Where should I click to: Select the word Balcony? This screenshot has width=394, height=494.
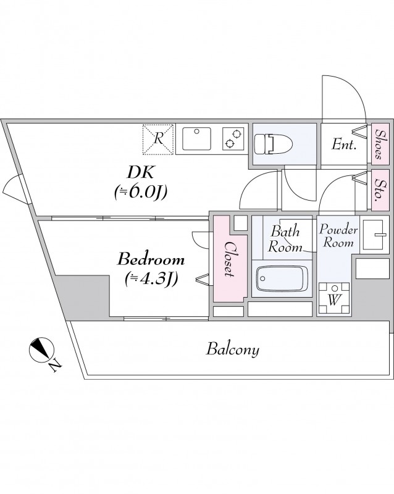232,350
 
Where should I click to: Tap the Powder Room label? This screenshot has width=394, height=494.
338,236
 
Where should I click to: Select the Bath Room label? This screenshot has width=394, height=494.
285,240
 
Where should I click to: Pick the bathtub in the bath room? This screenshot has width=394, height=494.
281,281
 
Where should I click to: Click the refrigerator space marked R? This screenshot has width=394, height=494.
159,139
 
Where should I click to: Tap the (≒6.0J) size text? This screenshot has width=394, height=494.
141,192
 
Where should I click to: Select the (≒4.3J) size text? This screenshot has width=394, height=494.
151,278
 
